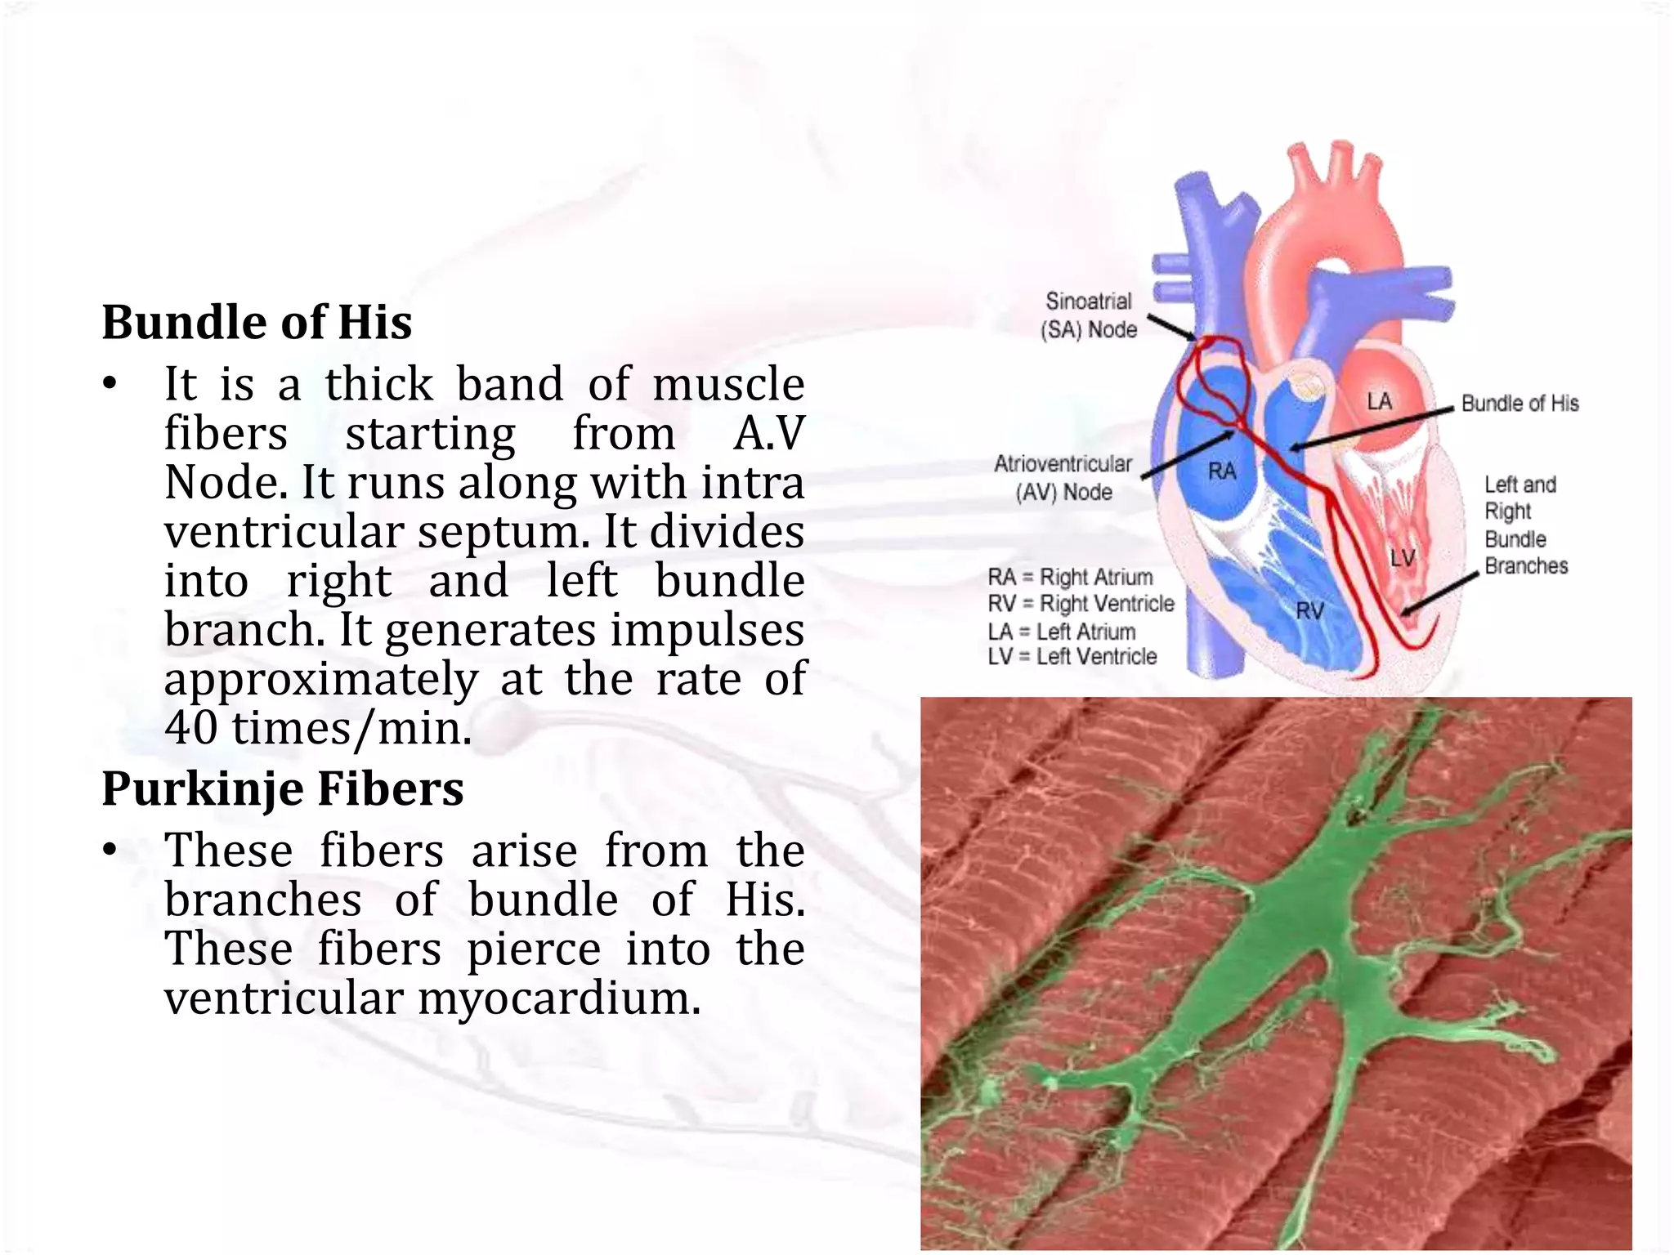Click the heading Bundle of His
tap(257, 322)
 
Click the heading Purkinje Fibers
tap(282, 789)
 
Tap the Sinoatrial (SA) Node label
tap(1089, 315)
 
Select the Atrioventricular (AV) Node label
tap(1063, 478)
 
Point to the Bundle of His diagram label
tap(1520, 404)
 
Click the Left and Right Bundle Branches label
tap(1525, 525)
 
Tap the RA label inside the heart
tap(1222, 471)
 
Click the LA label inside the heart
tap(1379, 401)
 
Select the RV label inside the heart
tap(1309, 610)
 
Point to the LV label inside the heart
tap(1403, 558)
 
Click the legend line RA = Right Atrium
tap(1070, 578)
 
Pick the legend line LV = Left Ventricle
tap(1072, 657)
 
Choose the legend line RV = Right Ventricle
tap(1081, 604)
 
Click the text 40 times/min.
tap(318, 728)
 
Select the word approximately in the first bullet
tap(321, 679)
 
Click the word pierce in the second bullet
tap(534, 949)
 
